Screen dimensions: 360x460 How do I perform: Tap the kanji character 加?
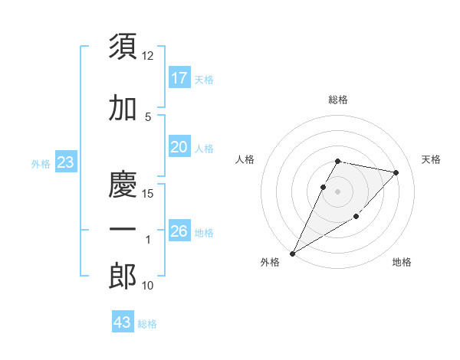tap(123, 108)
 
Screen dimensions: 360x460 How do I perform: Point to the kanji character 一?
tap(123, 230)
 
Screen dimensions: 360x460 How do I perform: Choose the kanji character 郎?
tap(123, 277)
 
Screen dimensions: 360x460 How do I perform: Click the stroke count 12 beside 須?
tap(148, 56)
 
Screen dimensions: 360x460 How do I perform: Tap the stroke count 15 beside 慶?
tap(148, 194)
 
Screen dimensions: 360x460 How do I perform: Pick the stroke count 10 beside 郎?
tap(148, 286)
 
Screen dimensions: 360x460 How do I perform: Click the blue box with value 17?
tap(179, 77)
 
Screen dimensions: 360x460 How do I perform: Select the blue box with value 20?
tap(179, 147)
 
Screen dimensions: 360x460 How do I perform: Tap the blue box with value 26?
tap(179, 231)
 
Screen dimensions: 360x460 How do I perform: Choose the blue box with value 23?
tap(66, 162)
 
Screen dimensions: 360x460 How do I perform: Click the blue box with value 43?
tap(123, 322)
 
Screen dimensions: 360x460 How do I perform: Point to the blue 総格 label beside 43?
tap(147, 324)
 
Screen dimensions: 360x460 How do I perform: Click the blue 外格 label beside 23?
tap(41, 164)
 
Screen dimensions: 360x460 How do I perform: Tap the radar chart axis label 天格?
tap(431, 159)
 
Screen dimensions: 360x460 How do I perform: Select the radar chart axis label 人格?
tap(245, 159)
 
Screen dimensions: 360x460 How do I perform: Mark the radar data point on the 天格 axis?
tap(396, 172)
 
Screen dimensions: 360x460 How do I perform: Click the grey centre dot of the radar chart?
tap(337, 191)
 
